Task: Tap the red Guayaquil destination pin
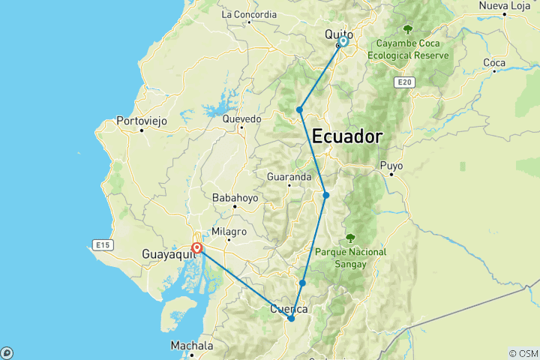point(196,247)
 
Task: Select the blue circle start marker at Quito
point(343,42)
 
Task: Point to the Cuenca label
point(289,309)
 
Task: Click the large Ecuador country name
point(346,137)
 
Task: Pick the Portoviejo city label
point(142,120)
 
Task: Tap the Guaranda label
point(289,177)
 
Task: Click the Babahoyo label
point(235,198)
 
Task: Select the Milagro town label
point(228,233)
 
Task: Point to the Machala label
point(191,346)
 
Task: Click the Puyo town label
point(391,165)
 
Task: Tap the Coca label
point(494,62)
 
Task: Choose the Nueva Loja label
point(505,6)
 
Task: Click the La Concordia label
point(250,14)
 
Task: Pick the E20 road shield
point(404,82)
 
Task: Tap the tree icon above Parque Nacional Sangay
point(350,238)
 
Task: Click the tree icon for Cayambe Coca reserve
point(408,29)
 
